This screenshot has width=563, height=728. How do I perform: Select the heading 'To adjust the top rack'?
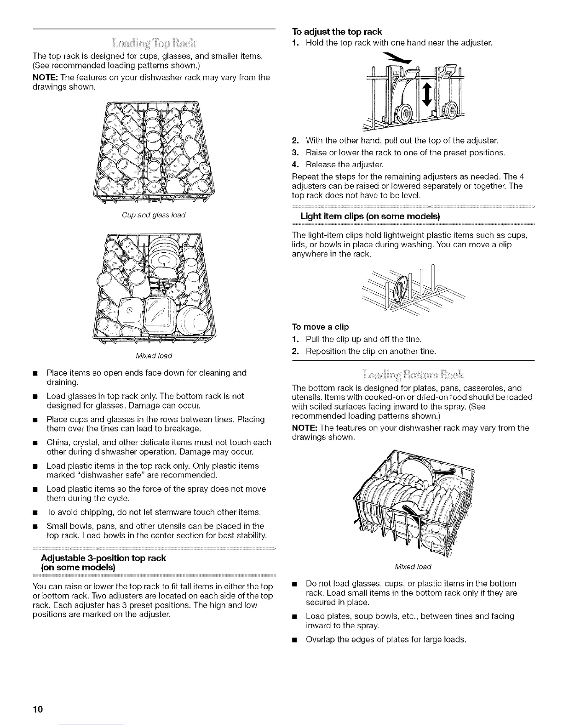[x=337, y=32]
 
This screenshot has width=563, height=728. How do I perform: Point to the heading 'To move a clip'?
[x=320, y=327]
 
